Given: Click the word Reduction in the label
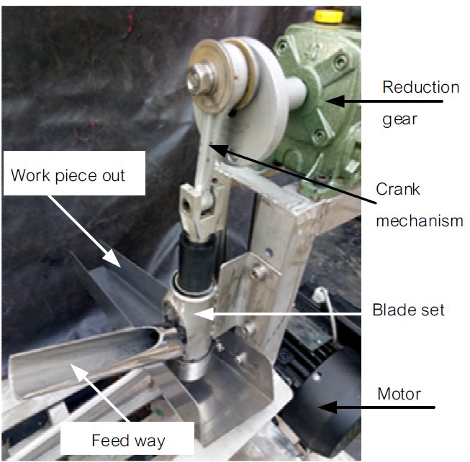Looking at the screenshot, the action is pyautogui.click(x=420, y=87).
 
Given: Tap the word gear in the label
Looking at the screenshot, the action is pyautogui.click(x=399, y=119).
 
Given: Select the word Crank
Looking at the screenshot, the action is pyautogui.click(x=398, y=189).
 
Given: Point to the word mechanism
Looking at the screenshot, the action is pyautogui.click(x=420, y=221).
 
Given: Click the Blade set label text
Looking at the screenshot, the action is pyautogui.click(x=408, y=310).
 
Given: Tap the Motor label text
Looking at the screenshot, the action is pyautogui.click(x=399, y=394).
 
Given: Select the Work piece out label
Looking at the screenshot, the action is pyautogui.click(x=68, y=175).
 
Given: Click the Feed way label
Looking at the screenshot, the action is pyautogui.click(x=128, y=440).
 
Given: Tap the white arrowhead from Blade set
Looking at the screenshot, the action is pyautogui.click(x=204, y=314).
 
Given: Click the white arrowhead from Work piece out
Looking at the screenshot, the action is pyautogui.click(x=112, y=259).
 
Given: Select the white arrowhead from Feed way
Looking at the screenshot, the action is pyautogui.click(x=79, y=373).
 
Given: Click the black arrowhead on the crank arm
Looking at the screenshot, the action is pyautogui.click(x=218, y=149).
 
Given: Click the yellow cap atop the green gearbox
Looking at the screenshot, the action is pyautogui.click(x=328, y=17).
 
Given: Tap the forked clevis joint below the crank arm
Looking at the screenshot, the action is pyautogui.click(x=202, y=210).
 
